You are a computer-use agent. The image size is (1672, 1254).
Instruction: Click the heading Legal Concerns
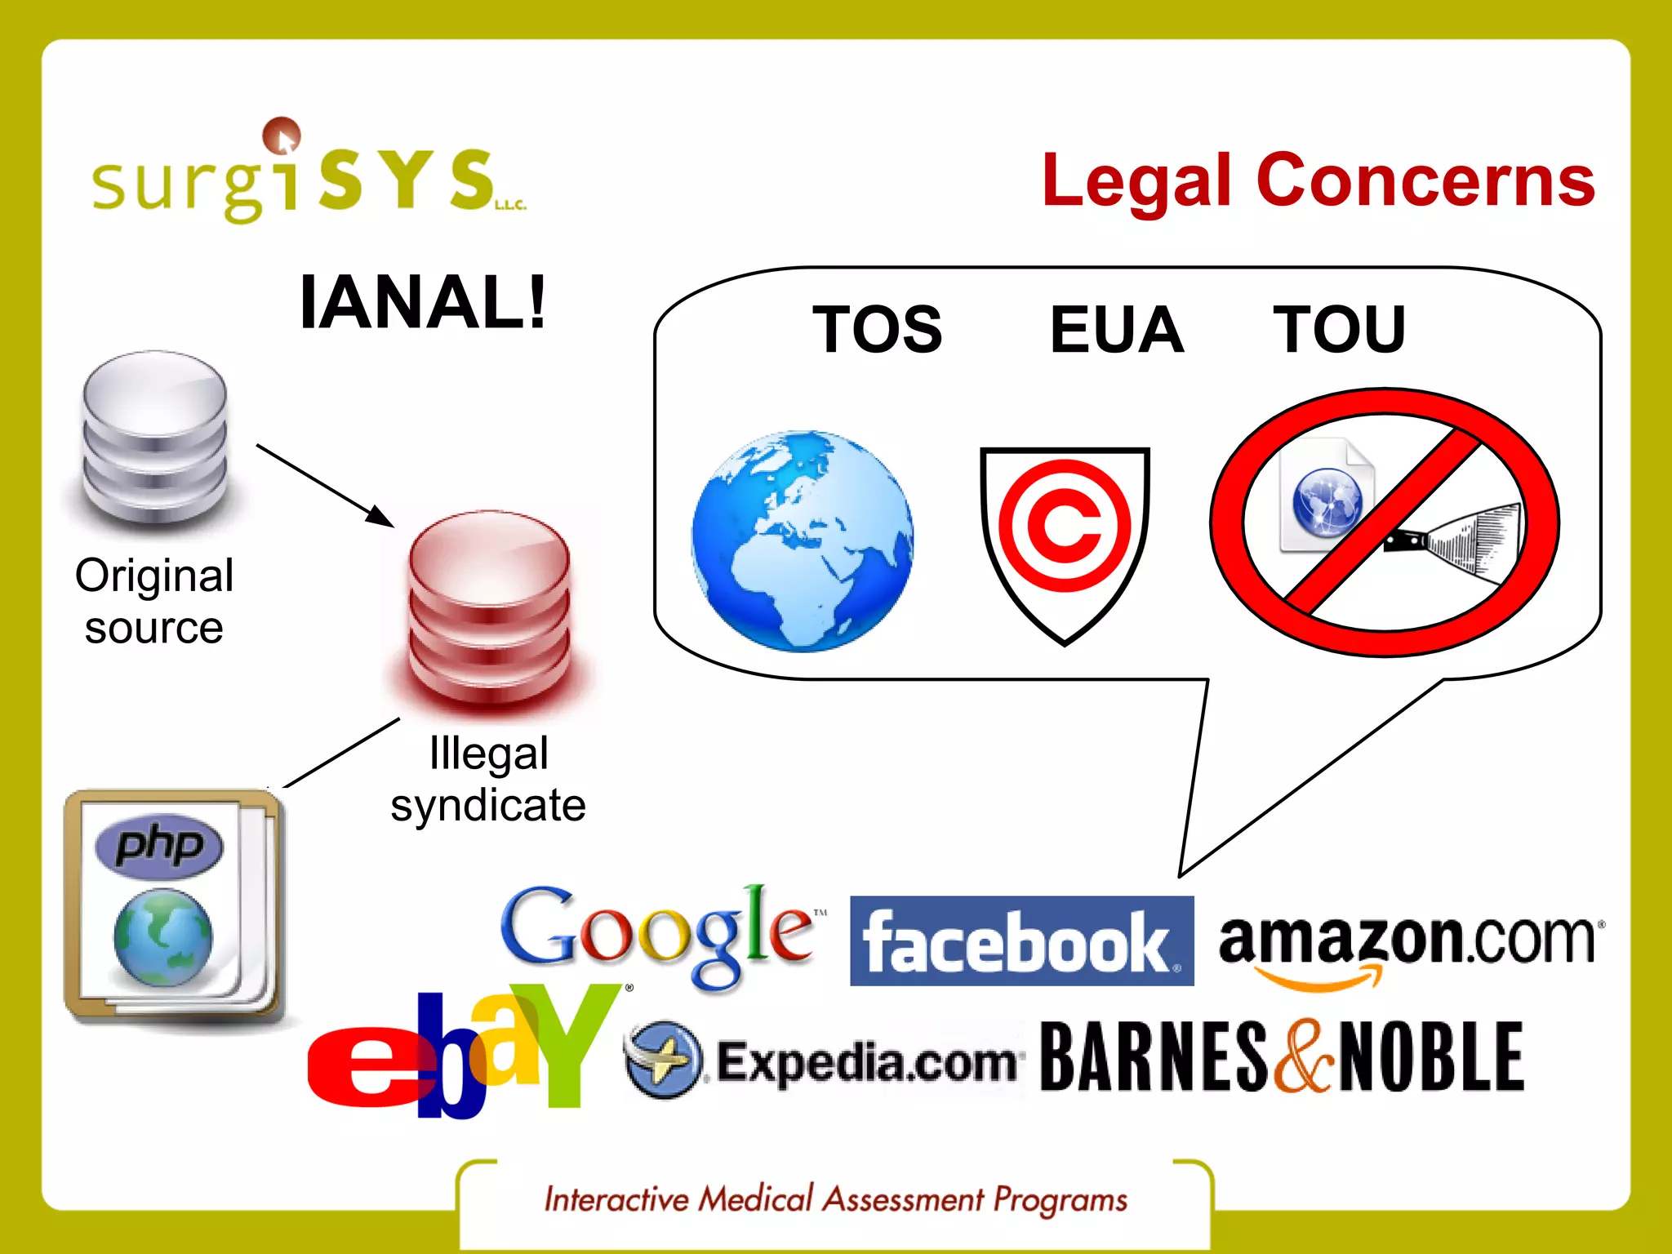(x=1318, y=180)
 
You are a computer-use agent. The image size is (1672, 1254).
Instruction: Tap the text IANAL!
(x=422, y=302)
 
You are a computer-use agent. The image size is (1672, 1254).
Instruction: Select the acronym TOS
(x=878, y=329)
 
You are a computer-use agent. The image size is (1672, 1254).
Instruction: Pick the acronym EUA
(x=1117, y=329)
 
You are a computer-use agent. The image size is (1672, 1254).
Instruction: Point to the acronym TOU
(x=1339, y=329)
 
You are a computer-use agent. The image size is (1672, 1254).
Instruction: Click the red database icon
(x=489, y=608)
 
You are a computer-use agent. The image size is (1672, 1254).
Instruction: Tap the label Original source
(x=154, y=601)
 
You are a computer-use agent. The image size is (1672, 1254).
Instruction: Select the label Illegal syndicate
(x=488, y=779)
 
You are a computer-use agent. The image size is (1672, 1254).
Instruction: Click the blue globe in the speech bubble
(x=803, y=541)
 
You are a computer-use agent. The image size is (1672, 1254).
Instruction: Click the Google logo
(x=658, y=935)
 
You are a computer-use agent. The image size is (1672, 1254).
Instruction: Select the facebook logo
(x=1021, y=941)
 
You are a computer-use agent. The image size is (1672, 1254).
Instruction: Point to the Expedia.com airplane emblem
(x=663, y=1059)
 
